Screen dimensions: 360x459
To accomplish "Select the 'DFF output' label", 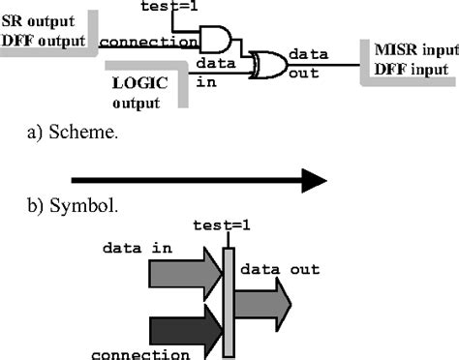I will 42,40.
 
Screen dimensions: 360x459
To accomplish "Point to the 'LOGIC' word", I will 136,84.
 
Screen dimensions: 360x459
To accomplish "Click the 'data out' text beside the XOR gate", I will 309,62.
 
